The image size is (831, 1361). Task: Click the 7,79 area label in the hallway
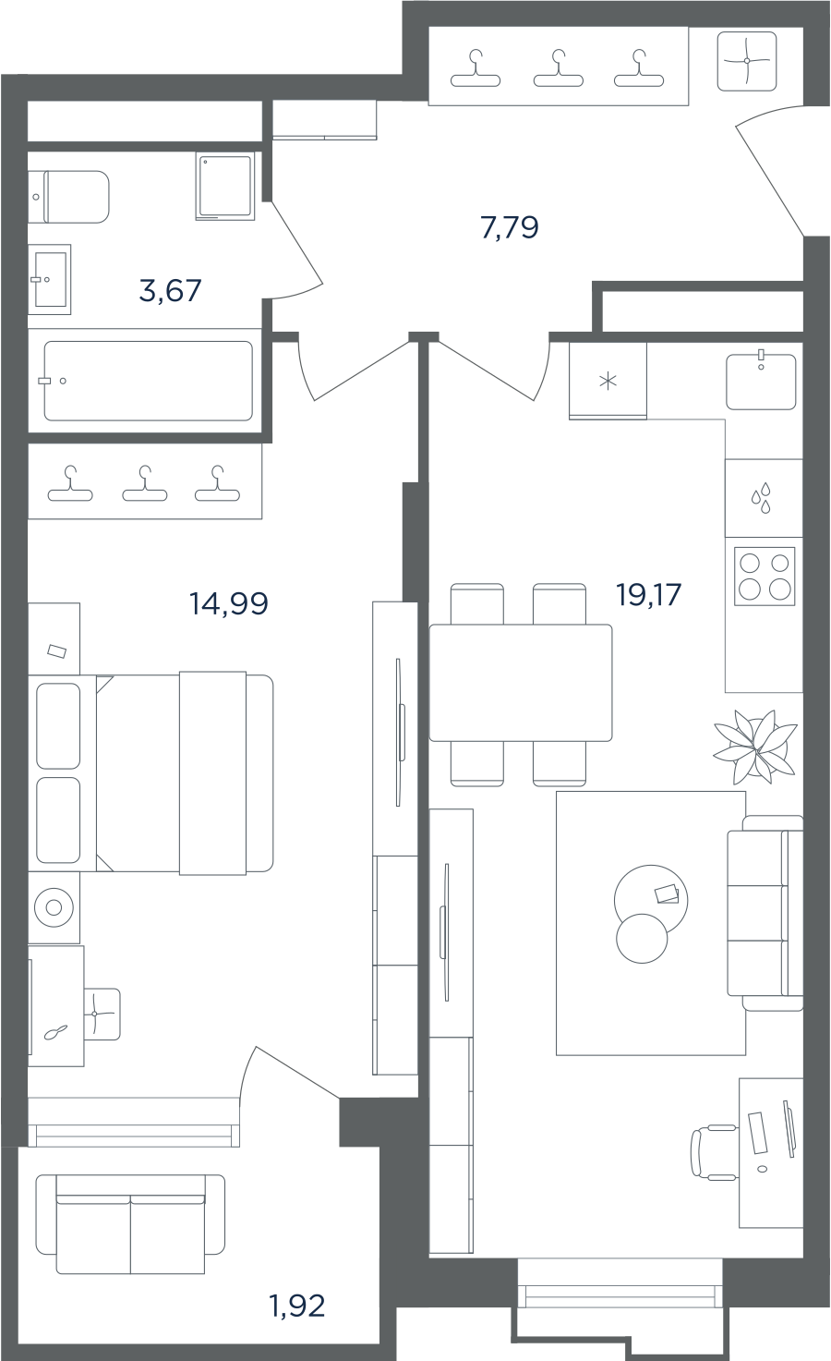[510, 228]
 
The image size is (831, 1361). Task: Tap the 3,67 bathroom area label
[170, 290]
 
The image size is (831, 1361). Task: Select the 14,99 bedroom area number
[229, 603]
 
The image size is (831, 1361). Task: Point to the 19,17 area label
[649, 594]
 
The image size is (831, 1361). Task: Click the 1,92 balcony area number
[297, 1306]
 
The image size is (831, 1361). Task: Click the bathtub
[148, 381]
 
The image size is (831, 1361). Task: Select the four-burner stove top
[765, 576]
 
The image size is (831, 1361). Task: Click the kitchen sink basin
[761, 382]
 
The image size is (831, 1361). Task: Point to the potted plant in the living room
[754, 747]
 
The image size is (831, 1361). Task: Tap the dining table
[521, 683]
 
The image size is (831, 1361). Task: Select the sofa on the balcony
[130, 1223]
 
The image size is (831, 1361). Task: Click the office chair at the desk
[714, 1152]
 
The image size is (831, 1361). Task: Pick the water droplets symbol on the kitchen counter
[761, 498]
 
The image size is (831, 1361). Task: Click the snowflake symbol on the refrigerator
[608, 381]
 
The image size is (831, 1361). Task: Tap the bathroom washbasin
[50, 279]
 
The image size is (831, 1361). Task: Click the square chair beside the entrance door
[747, 61]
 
